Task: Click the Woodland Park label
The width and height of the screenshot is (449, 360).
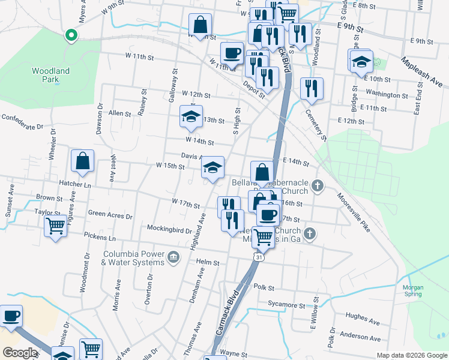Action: click(51, 75)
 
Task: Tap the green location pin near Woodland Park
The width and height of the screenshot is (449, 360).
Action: click(71, 35)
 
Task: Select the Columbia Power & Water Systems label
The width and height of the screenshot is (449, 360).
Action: click(133, 257)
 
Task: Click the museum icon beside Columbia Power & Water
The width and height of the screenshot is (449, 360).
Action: click(174, 257)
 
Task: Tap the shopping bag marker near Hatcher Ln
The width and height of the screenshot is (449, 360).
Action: click(82, 161)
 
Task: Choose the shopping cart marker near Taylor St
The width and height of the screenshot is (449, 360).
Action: click(55, 227)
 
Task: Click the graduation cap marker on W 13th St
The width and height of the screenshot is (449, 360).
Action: click(191, 116)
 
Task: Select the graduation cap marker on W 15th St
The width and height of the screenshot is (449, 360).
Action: click(212, 168)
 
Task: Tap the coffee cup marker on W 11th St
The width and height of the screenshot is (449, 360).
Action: click(232, 53)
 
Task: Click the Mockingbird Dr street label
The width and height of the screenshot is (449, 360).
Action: click(169, 229)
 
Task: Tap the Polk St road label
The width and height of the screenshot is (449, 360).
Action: click(264, 287)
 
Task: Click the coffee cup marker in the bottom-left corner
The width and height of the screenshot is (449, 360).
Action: click(11, 316)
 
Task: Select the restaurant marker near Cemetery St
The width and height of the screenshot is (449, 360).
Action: click(312, 89)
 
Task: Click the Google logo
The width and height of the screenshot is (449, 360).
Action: click(20, 353)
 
